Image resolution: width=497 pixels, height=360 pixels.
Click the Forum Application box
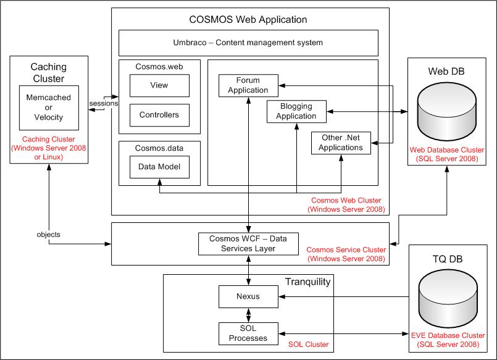[x=248, y=86]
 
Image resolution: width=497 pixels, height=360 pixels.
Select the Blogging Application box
[x=296, y=112]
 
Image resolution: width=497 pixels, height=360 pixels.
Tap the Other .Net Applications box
[x=341, y=143]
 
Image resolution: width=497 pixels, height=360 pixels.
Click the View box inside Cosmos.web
[x=159, y=86]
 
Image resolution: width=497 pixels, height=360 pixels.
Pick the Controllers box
[x=159, y=115]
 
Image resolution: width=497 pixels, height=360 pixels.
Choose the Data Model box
[x=159, y=167]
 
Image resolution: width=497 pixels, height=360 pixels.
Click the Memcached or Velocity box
[x=49, y=107]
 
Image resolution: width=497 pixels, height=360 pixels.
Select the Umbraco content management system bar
[x=248, y=43]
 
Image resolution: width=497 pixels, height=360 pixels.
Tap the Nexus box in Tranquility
[x=248, y=296]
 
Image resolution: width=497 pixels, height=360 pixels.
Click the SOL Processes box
[x=248, y=333]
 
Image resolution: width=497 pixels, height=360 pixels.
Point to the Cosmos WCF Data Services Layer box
[x=248, y=244]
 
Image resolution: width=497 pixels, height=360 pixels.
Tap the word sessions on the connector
[x=104, y=103]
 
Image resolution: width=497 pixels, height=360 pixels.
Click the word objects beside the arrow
[x=49, y=235]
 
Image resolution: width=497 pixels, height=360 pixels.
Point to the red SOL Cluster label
[x=309, y=345]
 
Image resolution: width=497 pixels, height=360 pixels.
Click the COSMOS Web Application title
[x=248, y=20]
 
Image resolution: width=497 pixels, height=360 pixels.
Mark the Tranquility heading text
[x=308, y=282]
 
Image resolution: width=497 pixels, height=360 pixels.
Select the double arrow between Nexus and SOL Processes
[x=248, y=316]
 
